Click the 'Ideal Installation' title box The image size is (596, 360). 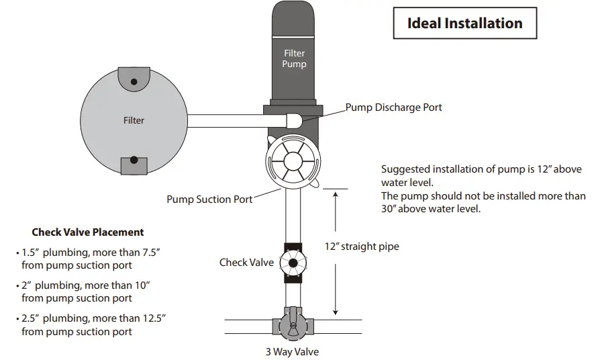point(464,24)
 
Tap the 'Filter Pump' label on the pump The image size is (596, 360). point(294,58)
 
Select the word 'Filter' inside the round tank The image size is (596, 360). point(134,120)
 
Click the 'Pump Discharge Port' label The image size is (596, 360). point(394,107)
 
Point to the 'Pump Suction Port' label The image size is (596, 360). point(209,199)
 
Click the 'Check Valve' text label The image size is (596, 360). point(246,262)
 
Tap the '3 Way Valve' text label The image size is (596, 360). point(292,352)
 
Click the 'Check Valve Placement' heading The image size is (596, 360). point(88,232)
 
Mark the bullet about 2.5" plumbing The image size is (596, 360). point(90,324)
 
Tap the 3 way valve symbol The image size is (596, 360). point(292,324)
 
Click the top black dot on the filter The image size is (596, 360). point(134,81)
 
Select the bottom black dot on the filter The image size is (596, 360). point(134,160)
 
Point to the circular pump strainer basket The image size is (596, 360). point(293,161)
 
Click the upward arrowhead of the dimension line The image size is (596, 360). point(336,194)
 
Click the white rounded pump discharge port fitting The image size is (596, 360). point(295,121)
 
